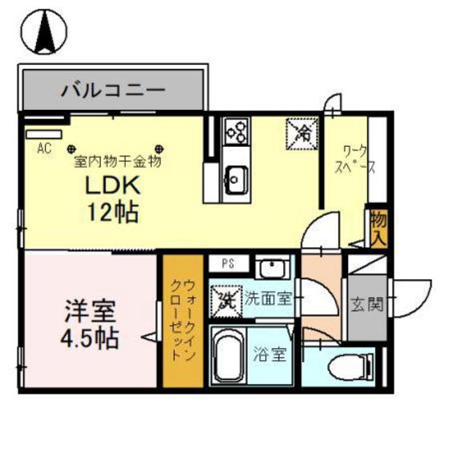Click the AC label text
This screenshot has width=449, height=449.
pyautogui.click(x=44, y=148)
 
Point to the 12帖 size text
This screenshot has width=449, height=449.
pyautogui.click(x=113, y=212)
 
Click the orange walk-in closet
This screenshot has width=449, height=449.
pyautogui.click(x=183, y=321)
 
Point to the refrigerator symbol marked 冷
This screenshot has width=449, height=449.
pyautogui.click(x=302, y=131)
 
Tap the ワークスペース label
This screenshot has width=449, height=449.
pyautogui.click(x=354, y=160)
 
